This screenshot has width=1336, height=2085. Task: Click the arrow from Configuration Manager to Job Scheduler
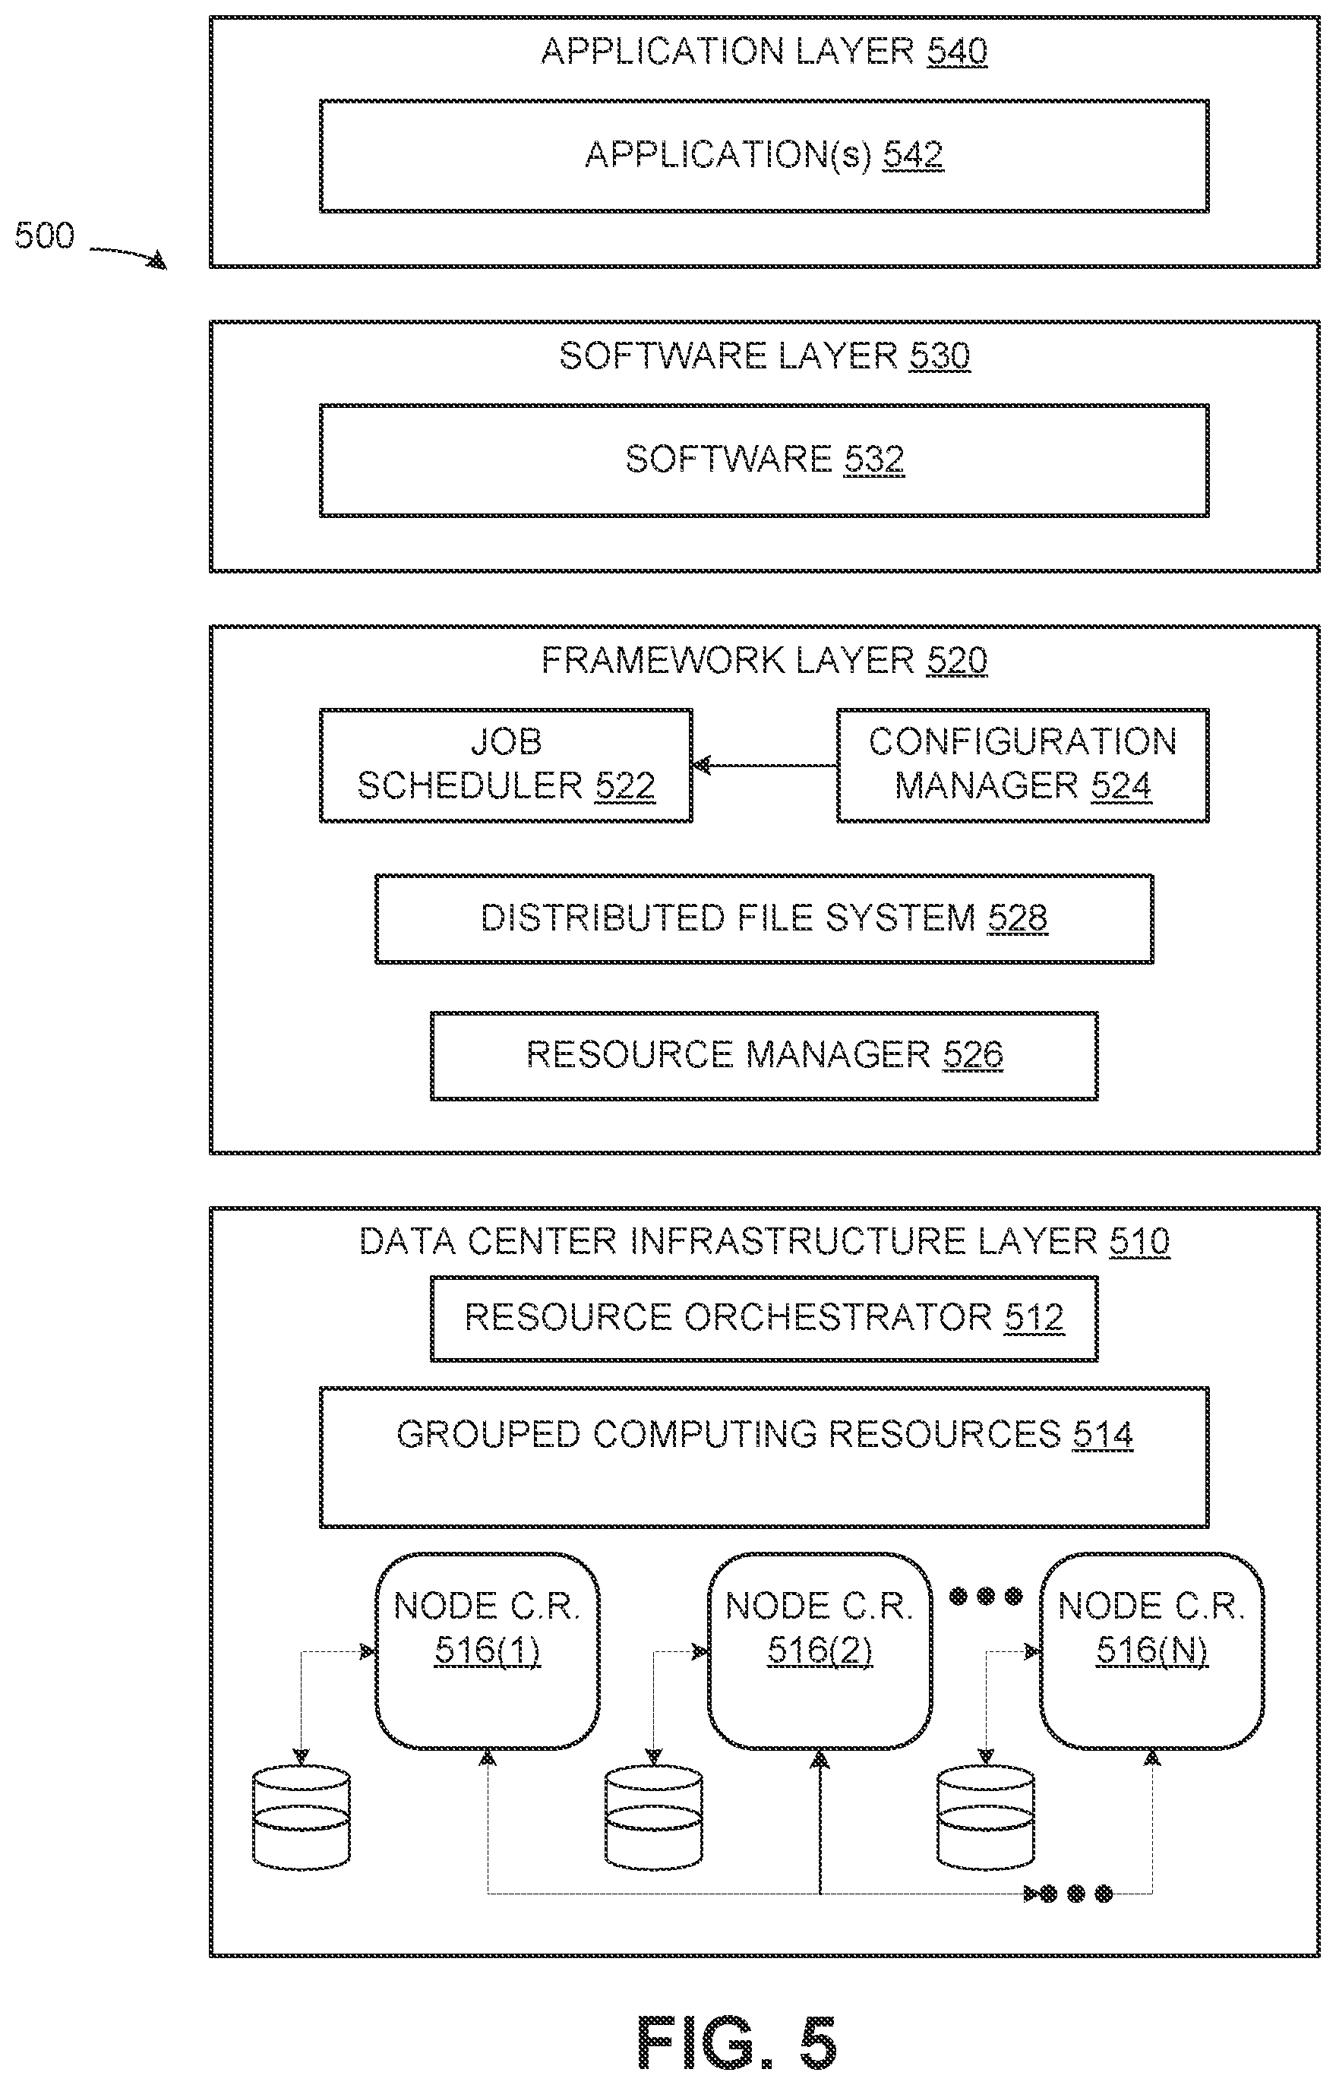tap(764, 765)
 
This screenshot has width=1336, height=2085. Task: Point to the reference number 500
tap(44, 236)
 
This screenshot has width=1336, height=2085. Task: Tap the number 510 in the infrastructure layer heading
tap(1140, 1241)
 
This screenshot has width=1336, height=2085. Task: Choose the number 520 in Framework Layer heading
tap(957, 661)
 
